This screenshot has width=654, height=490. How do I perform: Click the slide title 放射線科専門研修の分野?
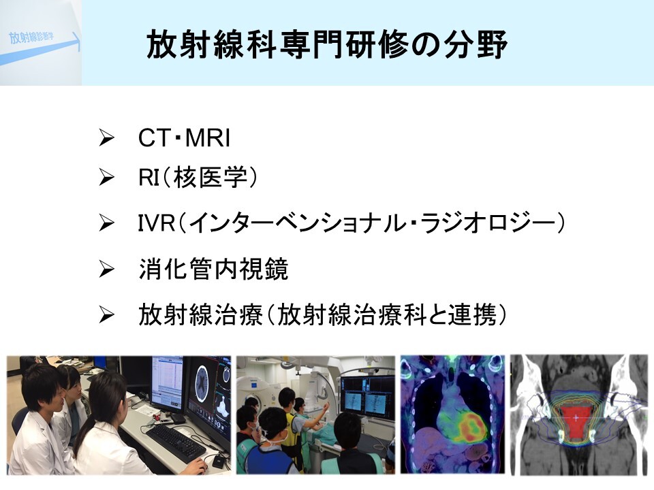[327, 44]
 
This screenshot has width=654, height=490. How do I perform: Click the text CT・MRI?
[184, 138]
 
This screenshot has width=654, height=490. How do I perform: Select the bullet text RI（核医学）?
[198, 177]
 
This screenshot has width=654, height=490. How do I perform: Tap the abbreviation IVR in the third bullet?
[157, 223]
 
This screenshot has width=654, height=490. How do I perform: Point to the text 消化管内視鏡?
[213, 269]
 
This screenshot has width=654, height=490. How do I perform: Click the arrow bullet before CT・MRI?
[106, 138]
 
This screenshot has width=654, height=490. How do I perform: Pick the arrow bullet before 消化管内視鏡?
[106, 269]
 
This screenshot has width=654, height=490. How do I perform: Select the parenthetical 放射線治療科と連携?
[386, 314]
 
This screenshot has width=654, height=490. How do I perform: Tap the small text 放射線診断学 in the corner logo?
[31, 37]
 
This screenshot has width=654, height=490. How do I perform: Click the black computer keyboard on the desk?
[175, 442]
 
